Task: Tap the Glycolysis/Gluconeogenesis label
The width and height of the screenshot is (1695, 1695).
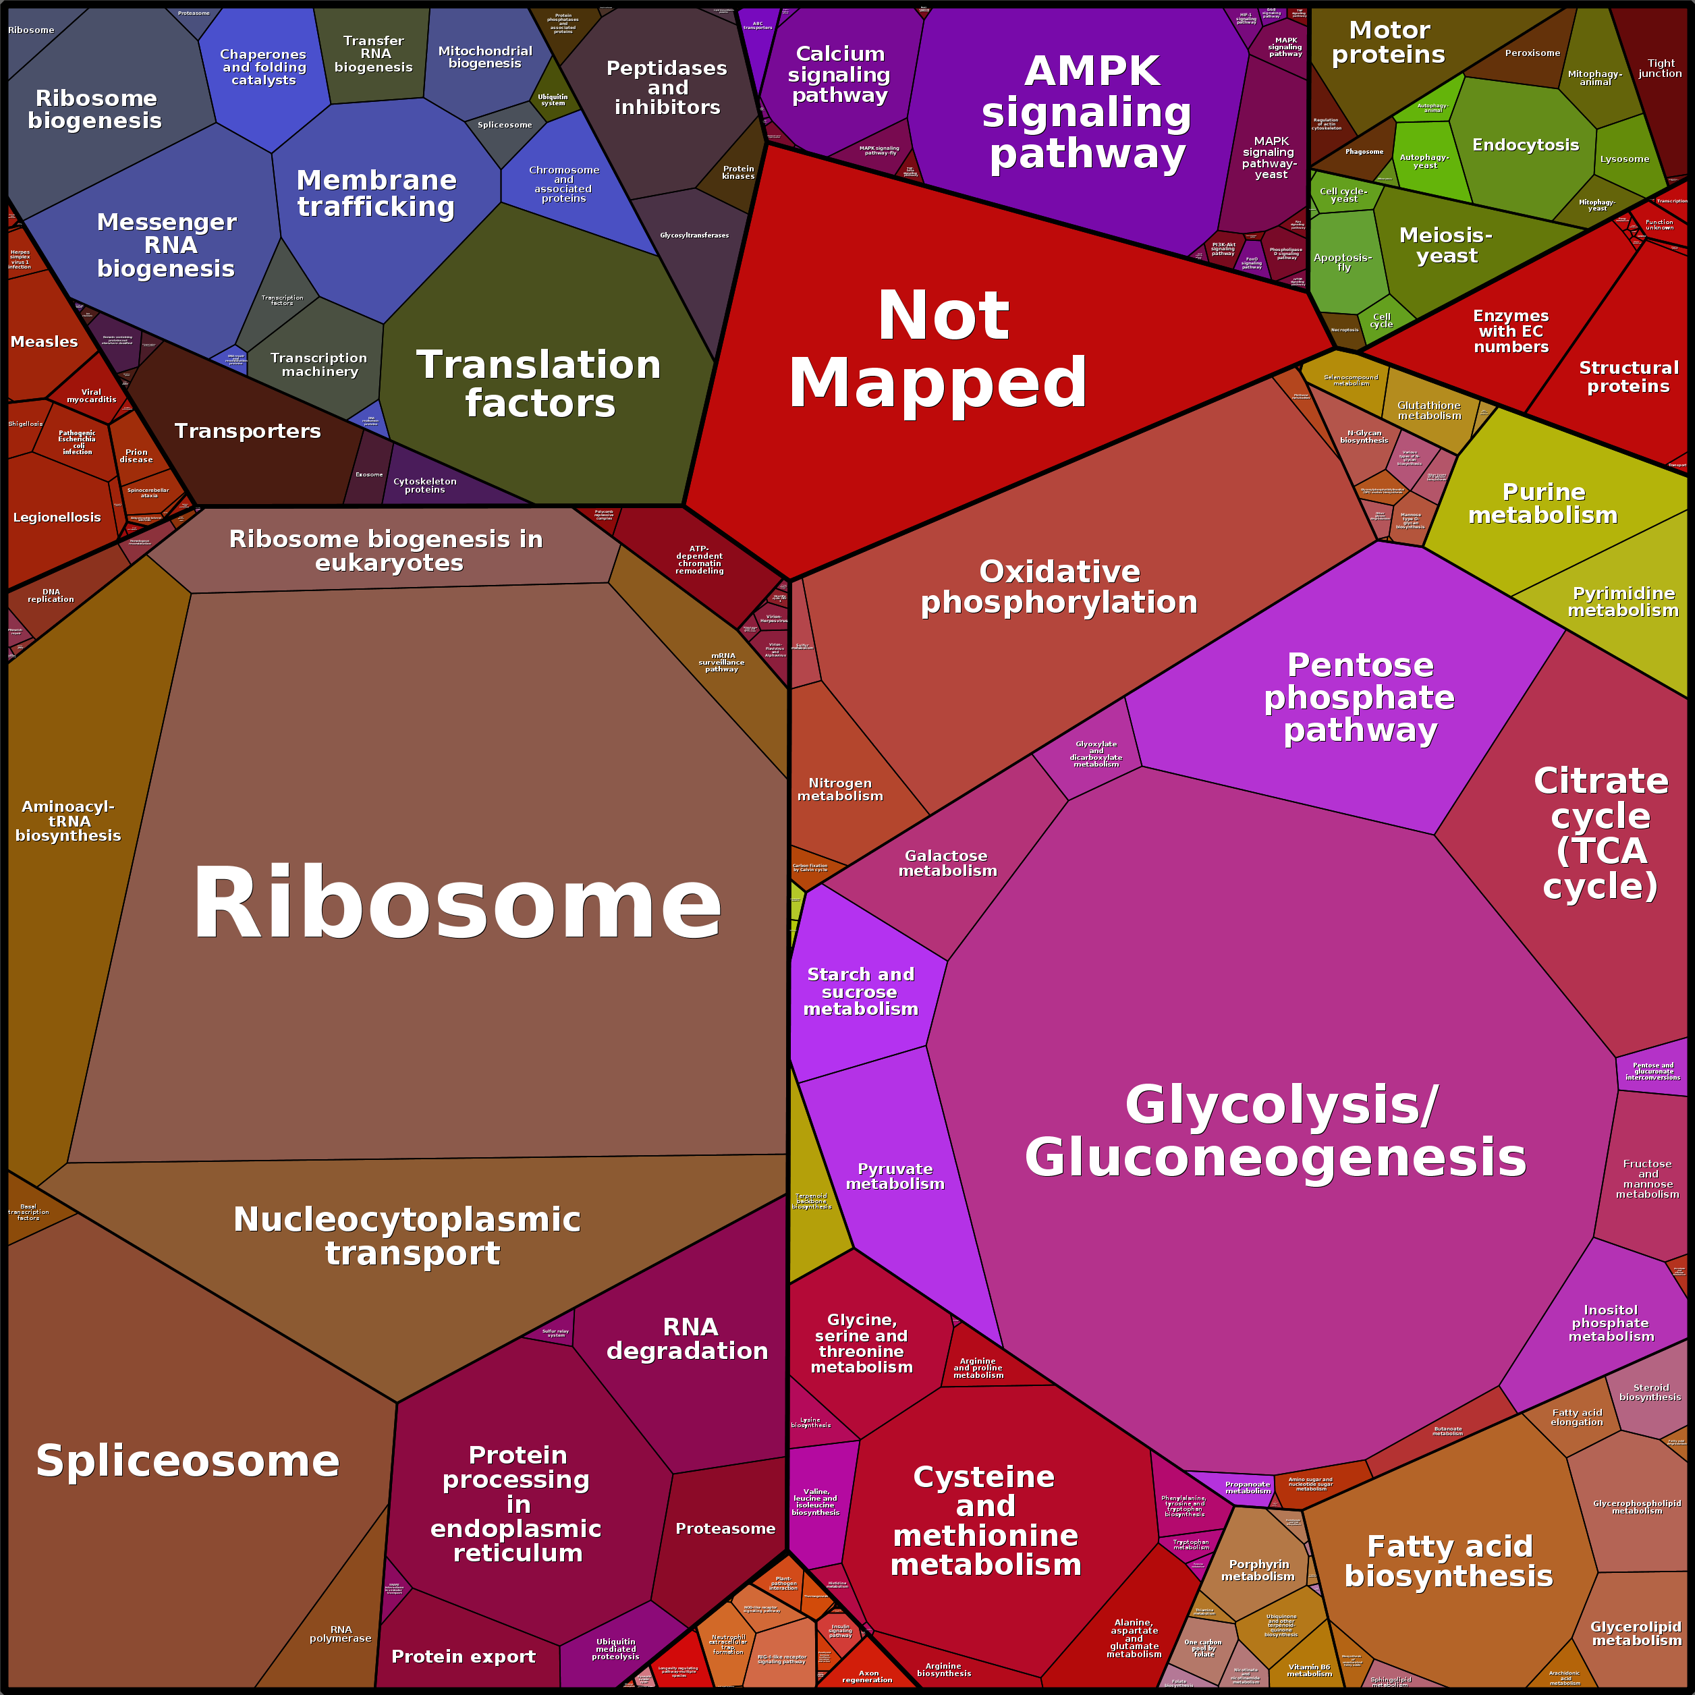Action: point(1277,1131)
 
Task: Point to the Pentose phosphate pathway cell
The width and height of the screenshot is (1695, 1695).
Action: point(1360,698)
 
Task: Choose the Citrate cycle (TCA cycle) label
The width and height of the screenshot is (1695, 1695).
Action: point(1601,833)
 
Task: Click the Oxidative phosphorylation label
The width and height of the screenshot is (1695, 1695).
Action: point(1059,587)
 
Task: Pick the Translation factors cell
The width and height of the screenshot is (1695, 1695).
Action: point(538,383)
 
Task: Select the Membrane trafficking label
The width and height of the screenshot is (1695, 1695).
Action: point(377,193)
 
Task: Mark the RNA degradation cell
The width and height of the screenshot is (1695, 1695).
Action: point(688,1338)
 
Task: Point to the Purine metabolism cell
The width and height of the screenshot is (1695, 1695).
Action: point(1543,503)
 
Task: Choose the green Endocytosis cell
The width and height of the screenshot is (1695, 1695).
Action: point(1526,145)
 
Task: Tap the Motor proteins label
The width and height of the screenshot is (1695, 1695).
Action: point(1389,42)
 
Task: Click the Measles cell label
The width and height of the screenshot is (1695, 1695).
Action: point(44,341)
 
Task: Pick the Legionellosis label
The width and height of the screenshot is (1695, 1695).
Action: point(57,517)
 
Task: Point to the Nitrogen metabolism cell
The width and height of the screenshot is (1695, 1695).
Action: point(839,789)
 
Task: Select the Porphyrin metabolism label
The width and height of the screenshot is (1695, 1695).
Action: point(1258,1569)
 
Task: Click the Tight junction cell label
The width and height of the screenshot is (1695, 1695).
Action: point(1660,68)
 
